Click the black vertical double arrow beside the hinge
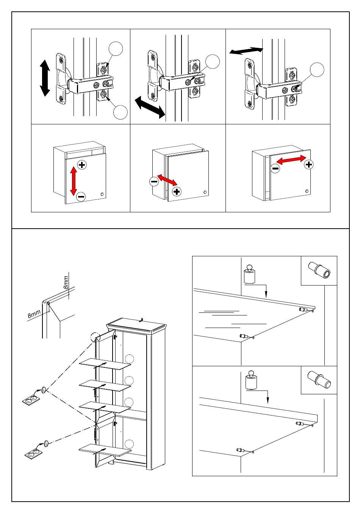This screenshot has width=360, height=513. click(x=45, y=78)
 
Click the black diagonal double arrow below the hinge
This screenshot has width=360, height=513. click(x=150, y=107)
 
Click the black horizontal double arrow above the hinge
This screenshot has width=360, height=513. click(x=246, y=51)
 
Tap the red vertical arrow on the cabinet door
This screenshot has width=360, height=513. click(x=74, y=181)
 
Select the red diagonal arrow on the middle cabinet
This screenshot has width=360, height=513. click(x=167, y=180)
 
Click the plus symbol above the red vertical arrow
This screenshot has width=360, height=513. click(x=82, y=165)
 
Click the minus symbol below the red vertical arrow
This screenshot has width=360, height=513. click(x=81, y=196)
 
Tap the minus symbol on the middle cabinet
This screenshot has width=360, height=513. click(x=154, y=182)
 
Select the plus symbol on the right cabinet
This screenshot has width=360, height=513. click(x=309, y=165)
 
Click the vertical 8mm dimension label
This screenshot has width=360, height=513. click(x=66, y=282)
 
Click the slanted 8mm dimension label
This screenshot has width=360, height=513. click(x=34, y=314)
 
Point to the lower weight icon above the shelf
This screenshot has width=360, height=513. click(x=251, y=380)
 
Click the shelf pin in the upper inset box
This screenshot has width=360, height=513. click(x=319, y=270)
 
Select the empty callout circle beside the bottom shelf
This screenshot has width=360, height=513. click(x=129, y=444)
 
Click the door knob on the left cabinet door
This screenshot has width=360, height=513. click(x=102, y=194)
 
